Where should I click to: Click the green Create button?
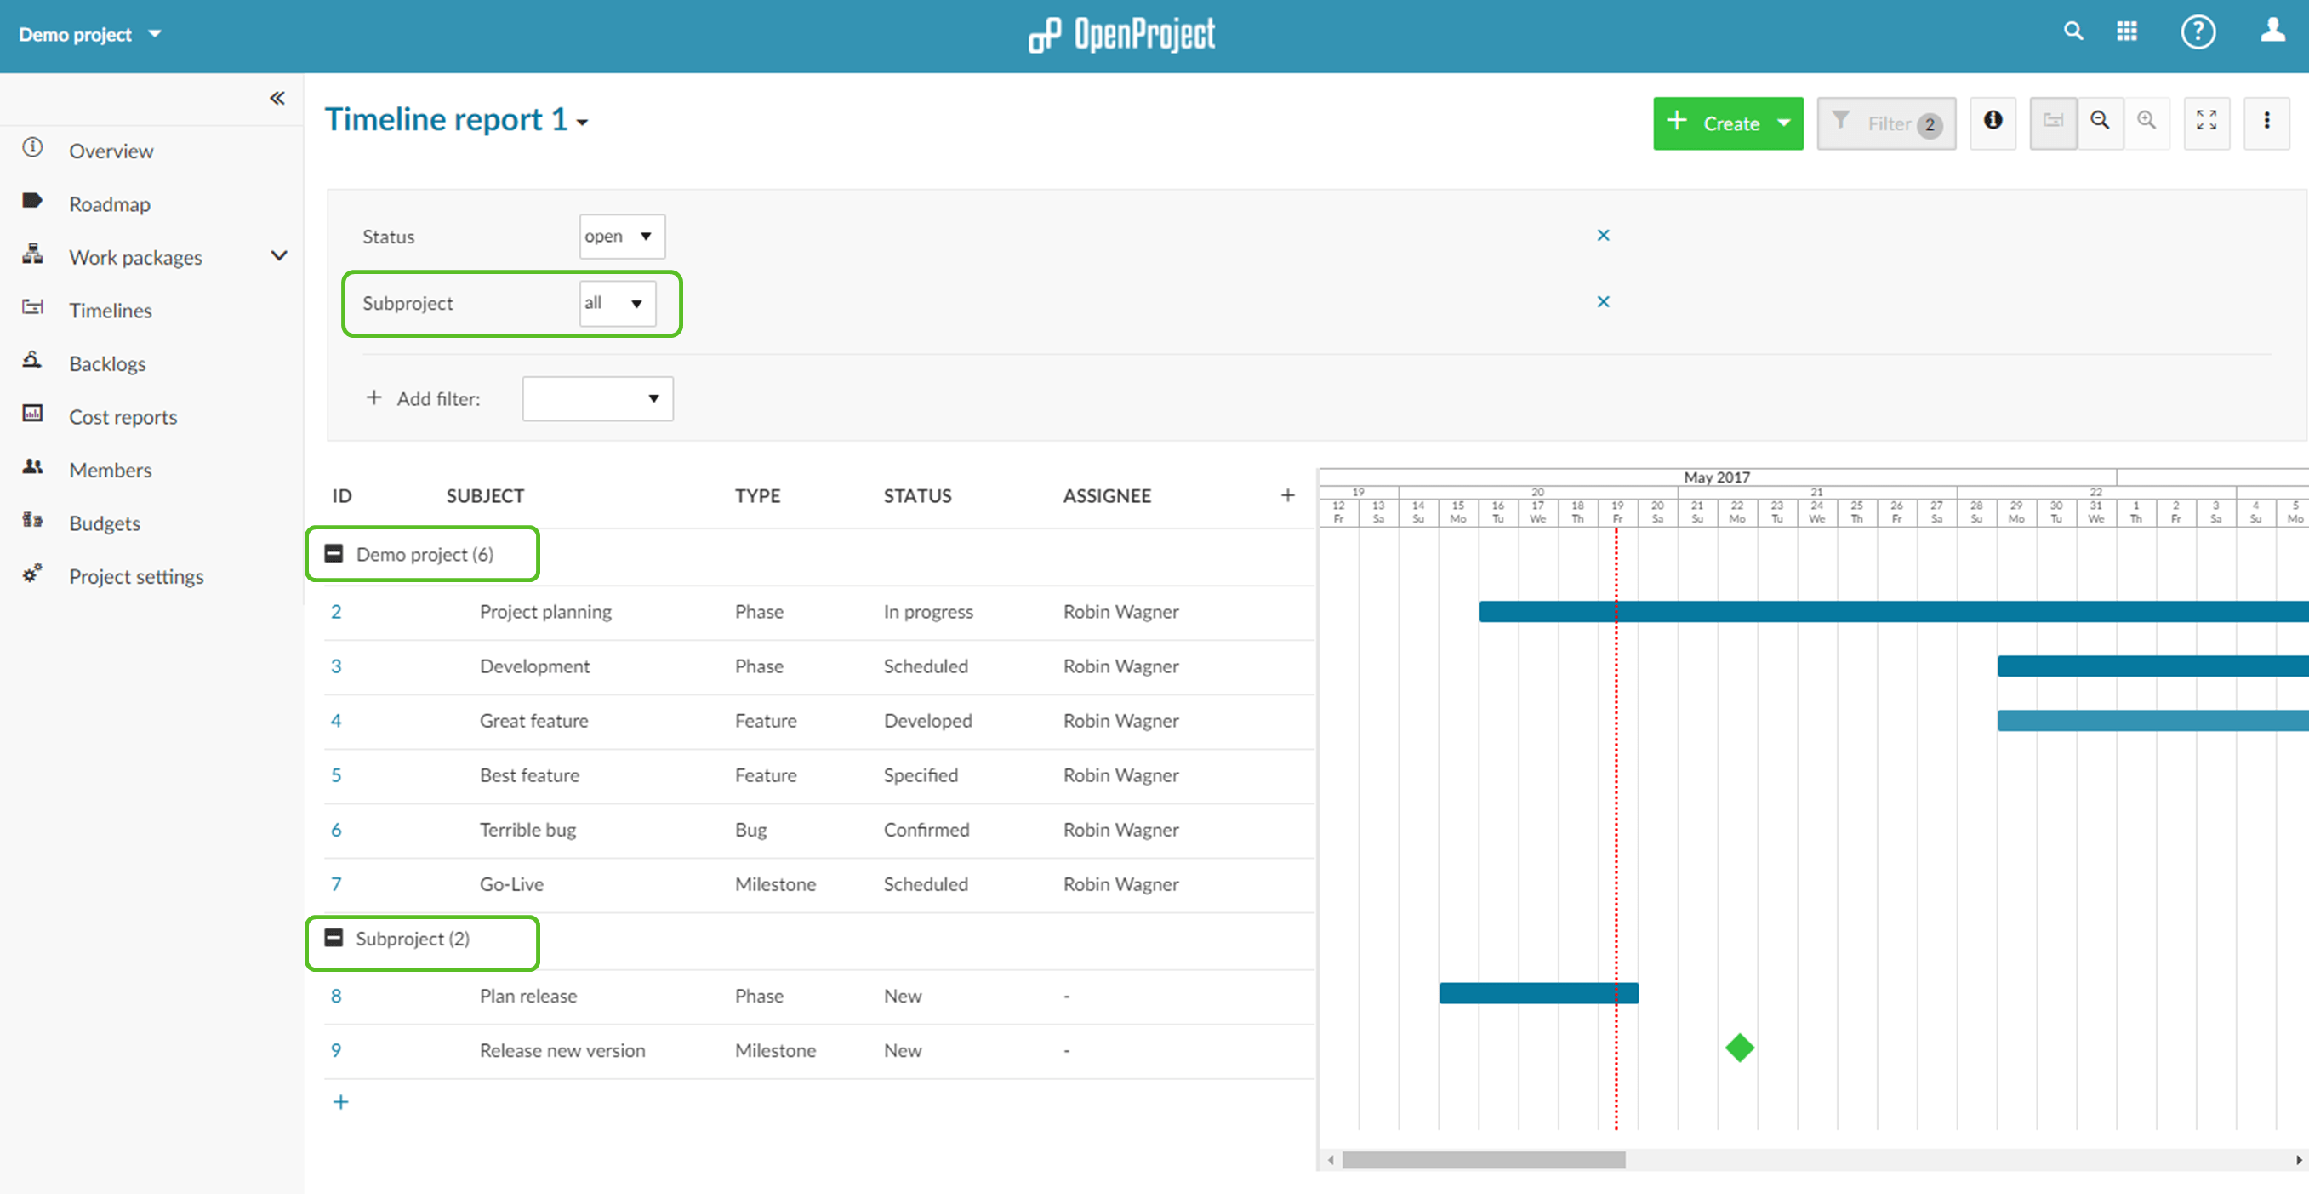(1716, 123)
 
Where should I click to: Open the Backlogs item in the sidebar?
(106, 364)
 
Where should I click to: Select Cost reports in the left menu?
(123, 417)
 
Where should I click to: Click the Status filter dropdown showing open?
(621, 237)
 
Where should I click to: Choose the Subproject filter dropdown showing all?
(617, 304)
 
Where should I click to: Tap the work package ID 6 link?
(336, 830)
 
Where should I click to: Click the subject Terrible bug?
(527, 830)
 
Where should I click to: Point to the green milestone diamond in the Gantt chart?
(1739, 1048)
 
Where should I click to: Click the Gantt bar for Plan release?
(1537, 993)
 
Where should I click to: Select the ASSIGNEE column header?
(1106, 495)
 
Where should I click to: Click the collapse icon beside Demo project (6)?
(334, 554)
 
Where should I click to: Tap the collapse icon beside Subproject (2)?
(334, 939)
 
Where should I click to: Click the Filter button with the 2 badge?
(1886, 123)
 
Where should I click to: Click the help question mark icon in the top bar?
(2197, 33)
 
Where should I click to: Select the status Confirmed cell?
(926, 830)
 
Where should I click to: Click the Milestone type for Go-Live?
(774, 885)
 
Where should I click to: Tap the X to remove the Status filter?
(1603, 236)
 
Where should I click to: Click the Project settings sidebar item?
(135, 576)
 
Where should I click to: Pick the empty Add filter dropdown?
(597, 399)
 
